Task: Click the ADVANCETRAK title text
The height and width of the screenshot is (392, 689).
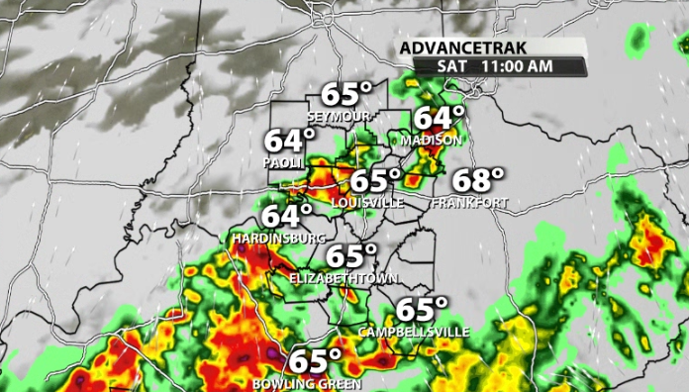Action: tap(463, 49)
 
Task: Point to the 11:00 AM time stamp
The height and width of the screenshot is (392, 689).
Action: tap(517, 66)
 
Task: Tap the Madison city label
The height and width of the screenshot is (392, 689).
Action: tap(432, 141)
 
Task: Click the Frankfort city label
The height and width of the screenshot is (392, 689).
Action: tap(470, 203)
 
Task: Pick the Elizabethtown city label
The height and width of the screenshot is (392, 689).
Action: tap(338, 279)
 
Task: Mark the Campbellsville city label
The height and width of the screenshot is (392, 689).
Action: tap(414, 332)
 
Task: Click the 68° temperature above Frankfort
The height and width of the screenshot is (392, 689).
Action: tap(479, 181)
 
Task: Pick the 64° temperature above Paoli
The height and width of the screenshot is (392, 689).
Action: tap(289, 141)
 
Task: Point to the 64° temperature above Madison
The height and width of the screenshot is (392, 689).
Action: tap(439, 118)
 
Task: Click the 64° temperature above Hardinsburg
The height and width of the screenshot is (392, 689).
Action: tap(287, 216)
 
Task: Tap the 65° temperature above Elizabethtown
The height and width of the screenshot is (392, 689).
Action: tap(352, 256)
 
